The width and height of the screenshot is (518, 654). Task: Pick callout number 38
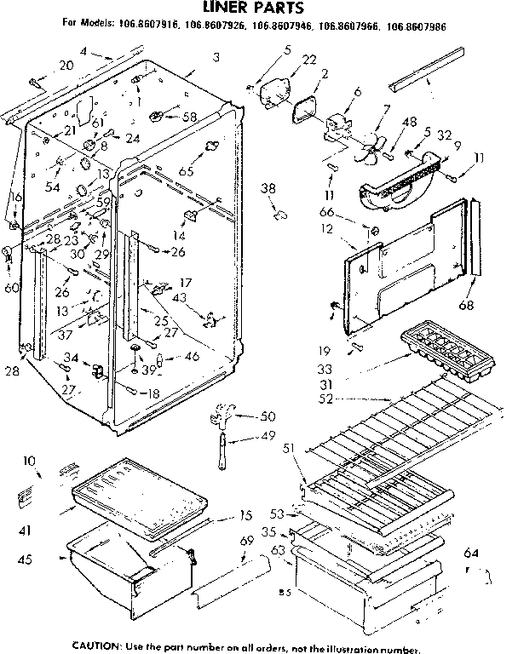(x=268, y=188)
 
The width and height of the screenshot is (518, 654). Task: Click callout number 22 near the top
(x=286, y=59)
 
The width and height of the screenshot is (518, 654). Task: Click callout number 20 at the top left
(x=66, y=66)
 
